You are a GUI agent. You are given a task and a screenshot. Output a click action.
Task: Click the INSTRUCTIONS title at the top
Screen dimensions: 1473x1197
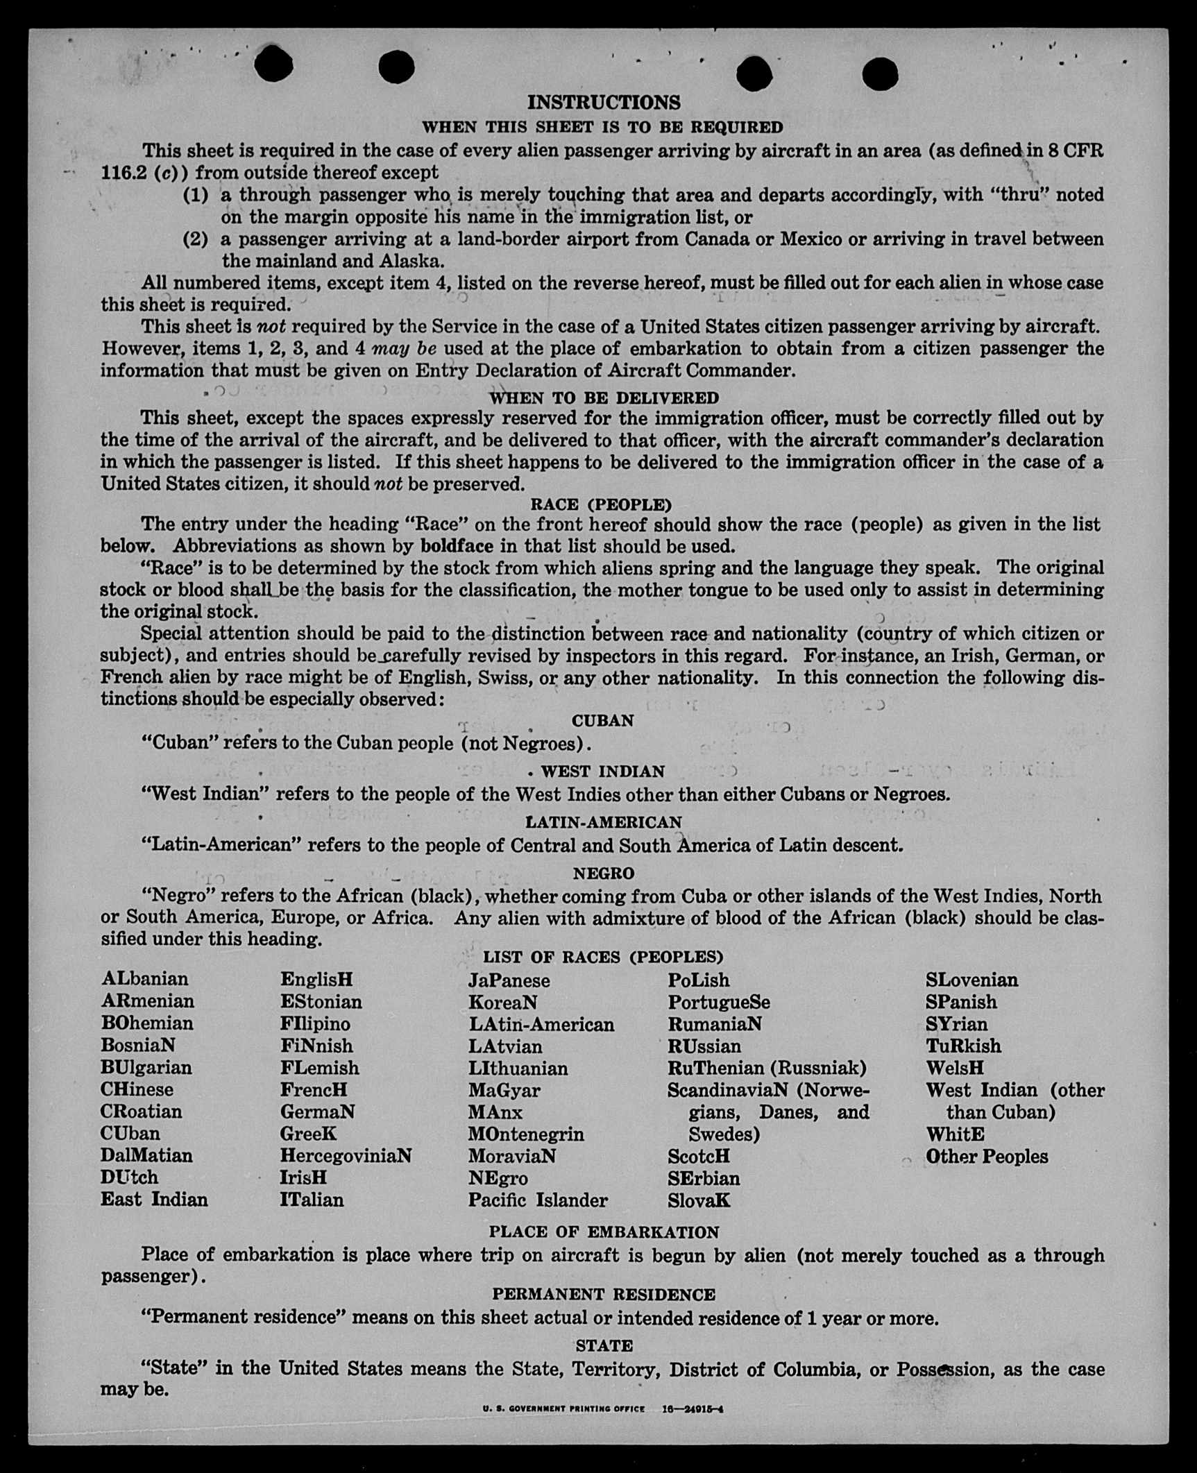point(604,103)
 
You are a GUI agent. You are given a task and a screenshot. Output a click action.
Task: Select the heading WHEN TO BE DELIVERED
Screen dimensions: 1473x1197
point(604,398)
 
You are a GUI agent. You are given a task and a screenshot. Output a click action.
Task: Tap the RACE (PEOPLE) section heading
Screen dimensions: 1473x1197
point(601,504)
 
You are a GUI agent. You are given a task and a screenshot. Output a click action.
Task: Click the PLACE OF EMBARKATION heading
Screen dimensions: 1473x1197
point(604,1232)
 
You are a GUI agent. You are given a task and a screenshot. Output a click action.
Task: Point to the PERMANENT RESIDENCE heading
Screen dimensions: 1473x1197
point(604,1294)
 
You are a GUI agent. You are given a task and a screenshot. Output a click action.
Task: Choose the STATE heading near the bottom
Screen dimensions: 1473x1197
point(604,1346)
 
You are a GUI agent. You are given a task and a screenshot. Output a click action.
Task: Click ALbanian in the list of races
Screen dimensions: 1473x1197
point(144,979)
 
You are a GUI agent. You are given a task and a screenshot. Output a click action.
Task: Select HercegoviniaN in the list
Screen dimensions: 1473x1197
point(346,1155)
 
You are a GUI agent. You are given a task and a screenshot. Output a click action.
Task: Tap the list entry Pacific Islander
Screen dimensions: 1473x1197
point(538,1200)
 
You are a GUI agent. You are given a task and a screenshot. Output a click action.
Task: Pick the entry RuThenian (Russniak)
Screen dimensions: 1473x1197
point(767,1068)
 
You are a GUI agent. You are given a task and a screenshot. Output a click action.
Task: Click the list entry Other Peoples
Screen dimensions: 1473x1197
point(986,1157)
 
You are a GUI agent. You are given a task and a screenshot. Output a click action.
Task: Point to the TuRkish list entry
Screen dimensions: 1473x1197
point(963,1046)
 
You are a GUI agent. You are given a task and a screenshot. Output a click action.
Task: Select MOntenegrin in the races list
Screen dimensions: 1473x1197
point(526,1134)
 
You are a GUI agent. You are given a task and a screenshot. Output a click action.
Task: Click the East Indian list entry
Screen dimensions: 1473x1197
point(154,1200)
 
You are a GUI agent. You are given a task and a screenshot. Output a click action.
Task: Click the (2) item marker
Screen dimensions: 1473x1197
point(195,239)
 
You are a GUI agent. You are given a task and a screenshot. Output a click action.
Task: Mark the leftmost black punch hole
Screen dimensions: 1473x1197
point(273,65)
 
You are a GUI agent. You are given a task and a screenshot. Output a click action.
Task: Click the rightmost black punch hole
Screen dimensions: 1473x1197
point(880,73)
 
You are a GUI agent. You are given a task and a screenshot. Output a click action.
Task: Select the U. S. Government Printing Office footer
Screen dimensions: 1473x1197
point(563,1409)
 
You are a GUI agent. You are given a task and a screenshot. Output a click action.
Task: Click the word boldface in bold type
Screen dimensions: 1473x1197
point(457,546)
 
